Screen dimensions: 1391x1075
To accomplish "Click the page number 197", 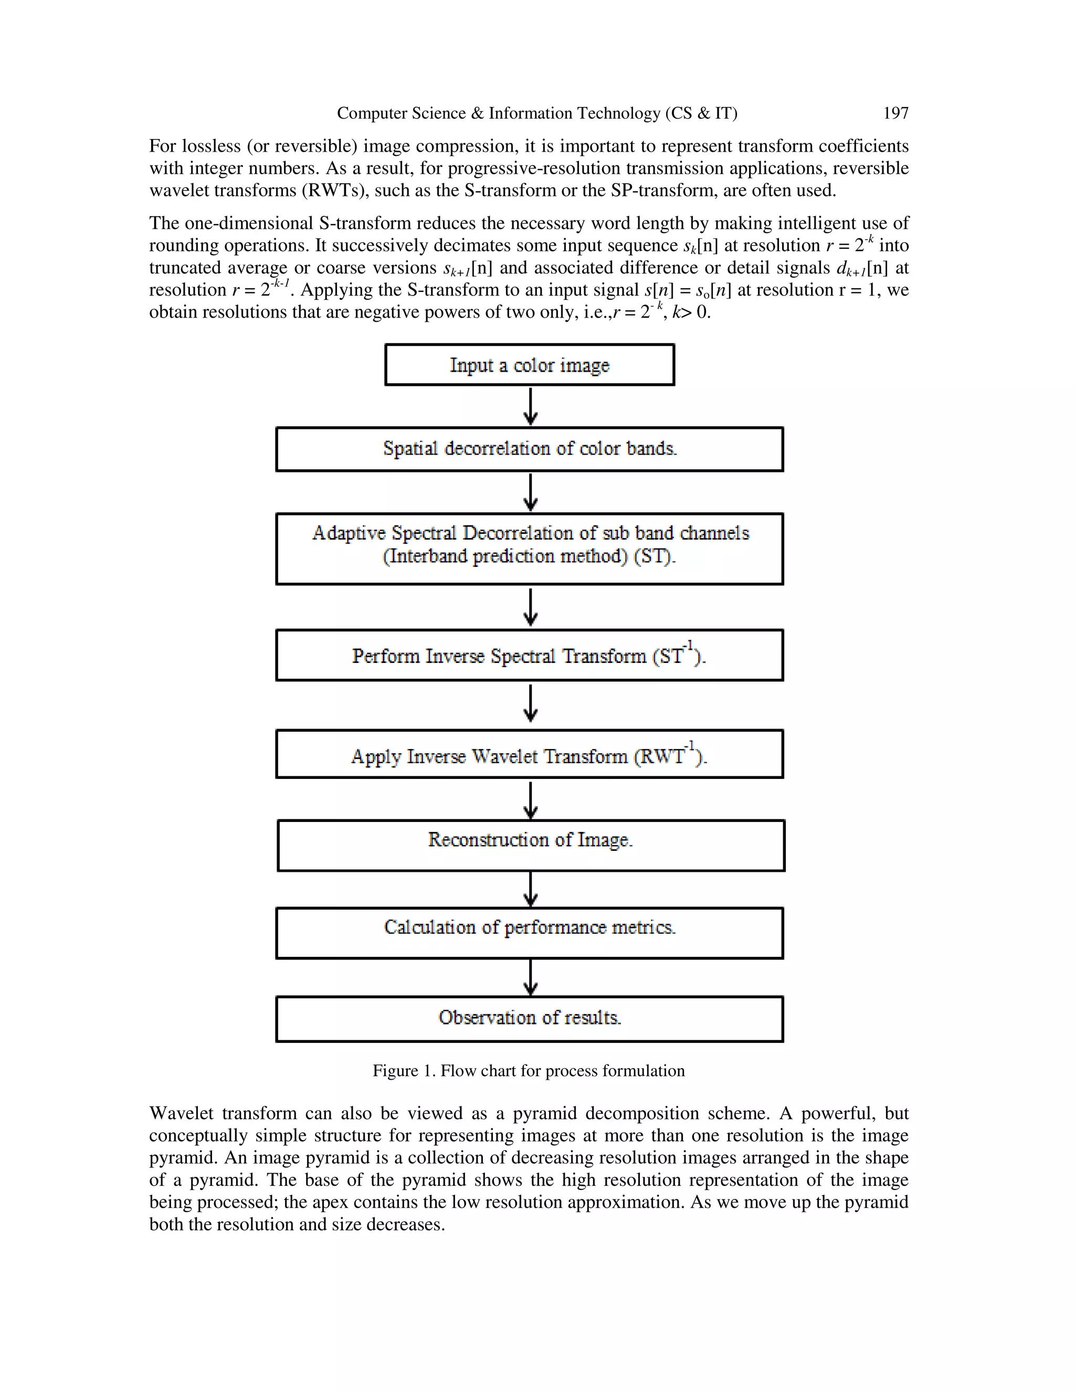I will [x=895, y=113].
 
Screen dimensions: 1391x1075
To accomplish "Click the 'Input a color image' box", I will [x=529, y=365].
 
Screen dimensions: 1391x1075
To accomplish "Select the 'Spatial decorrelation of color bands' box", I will [x=529, y=449].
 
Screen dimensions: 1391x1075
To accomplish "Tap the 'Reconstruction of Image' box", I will [x=531, y=845].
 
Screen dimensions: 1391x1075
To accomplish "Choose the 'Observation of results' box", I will [x=529, y=1018].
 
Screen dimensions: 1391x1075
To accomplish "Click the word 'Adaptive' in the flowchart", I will [x=349, y=533].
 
